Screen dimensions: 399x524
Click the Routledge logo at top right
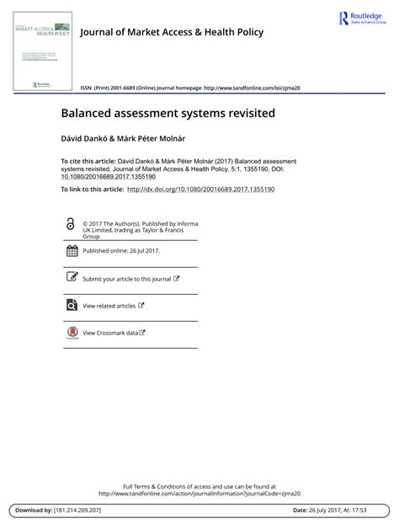tap(363, 19)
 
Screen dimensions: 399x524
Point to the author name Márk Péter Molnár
tap(148, 136)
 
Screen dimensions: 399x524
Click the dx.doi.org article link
tap(200, 190)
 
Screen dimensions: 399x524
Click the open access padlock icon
tap(70, 223)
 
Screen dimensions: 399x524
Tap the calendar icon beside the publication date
tap(71, 251)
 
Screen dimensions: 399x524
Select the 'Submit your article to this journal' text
tap(126, 279)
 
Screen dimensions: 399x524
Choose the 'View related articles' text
tap(109, 306)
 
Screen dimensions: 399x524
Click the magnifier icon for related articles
tap(71, 306)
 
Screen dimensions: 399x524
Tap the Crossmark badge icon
tap(71, 334)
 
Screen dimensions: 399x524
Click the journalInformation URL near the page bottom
tap(199, 494)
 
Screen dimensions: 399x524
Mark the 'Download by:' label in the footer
tap(33, 511)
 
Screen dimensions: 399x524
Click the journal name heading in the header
tap(171, 32)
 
